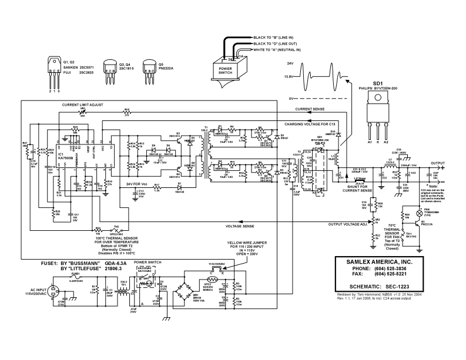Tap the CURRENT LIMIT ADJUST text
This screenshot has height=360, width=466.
tap(82, 104)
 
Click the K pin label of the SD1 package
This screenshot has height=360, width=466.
tap(378, 142)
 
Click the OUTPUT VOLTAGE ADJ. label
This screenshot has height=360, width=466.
tap(348, 224)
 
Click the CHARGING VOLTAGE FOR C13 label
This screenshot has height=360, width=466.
tap(310, 125)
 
